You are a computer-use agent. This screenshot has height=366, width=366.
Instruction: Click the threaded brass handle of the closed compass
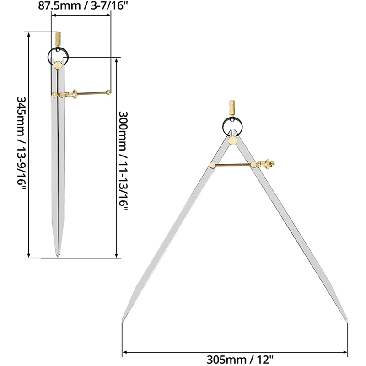[x=58, y=38]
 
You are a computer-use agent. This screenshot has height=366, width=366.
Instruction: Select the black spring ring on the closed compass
[x=58, y=55]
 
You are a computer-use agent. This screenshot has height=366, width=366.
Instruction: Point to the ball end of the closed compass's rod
[x=108, y=93]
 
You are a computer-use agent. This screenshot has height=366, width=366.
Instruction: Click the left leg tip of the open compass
[x=122, y=321]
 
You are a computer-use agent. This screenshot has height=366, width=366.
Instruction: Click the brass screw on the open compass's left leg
[x=213, y=165]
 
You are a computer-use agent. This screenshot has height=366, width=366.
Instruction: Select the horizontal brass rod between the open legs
[x=232, y=164]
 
